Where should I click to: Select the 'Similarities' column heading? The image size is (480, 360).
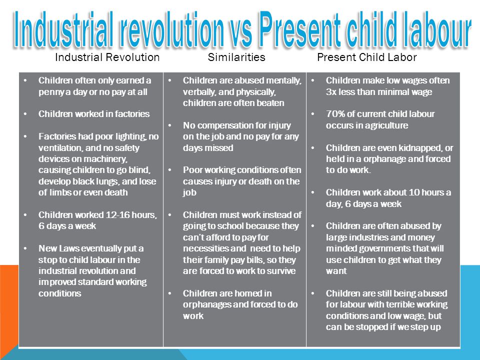tap(236, 57)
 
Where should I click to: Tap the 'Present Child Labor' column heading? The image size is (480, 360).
tap(366, 57)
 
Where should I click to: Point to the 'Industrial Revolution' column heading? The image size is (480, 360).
tap(107, 57)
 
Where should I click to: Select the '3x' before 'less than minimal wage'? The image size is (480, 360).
tap(331, 92)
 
